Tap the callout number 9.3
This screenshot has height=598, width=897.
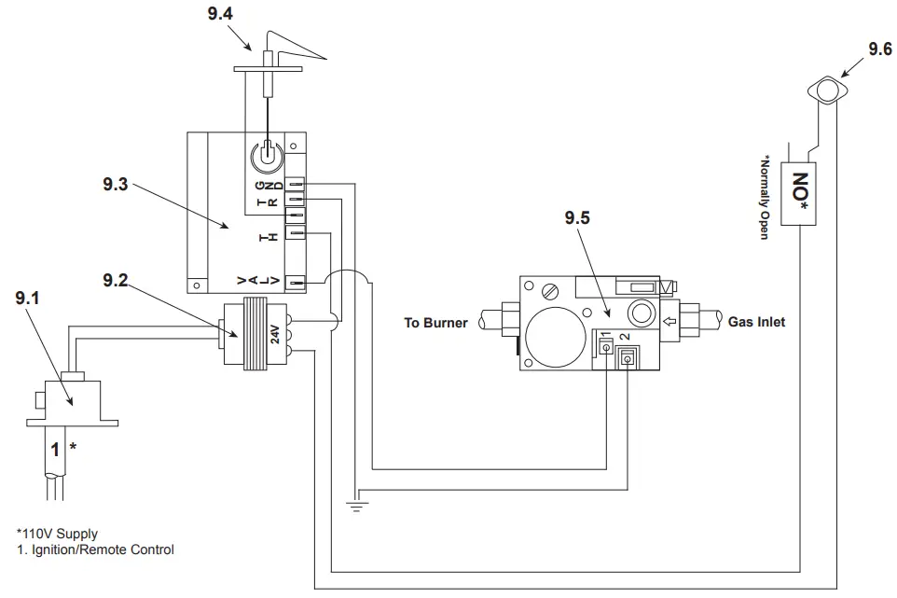tap(117, 184)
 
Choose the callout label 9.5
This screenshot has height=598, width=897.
tap(578, 219)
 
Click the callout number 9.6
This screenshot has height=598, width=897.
tap(879, 50)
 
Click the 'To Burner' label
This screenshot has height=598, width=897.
tap(435, 324)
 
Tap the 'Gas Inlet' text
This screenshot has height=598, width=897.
tap(756, 323)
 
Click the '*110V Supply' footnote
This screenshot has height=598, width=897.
tap(57, 535)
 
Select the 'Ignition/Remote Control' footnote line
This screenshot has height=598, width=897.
tap(95, 549)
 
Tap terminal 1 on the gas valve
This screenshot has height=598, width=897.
tap(605, 348)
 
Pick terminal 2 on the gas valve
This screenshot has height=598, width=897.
tap(627, 355)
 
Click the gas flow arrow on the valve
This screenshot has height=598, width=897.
tap(669, 324)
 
